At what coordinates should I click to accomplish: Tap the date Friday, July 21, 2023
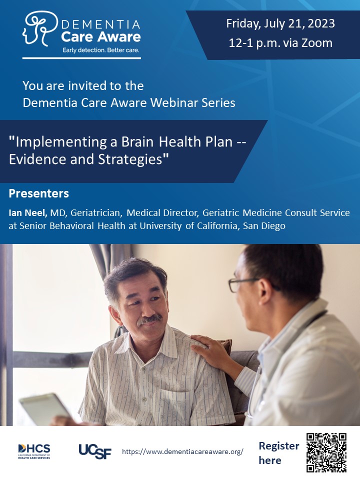tap(280, 23)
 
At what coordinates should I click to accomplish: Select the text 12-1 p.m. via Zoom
tap(280, 42)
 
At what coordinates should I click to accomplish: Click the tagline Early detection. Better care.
tap(100, 50)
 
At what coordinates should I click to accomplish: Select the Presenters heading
tap(38, 193)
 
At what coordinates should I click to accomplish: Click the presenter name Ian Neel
tap(27, 213)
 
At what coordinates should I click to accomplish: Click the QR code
tap(326, 452)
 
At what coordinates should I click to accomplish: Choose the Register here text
tap(278, 452)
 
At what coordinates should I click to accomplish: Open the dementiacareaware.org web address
tap(182, 451)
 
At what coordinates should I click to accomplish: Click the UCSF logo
tap(95, 450)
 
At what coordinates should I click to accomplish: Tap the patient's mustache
tap(149, 318)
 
